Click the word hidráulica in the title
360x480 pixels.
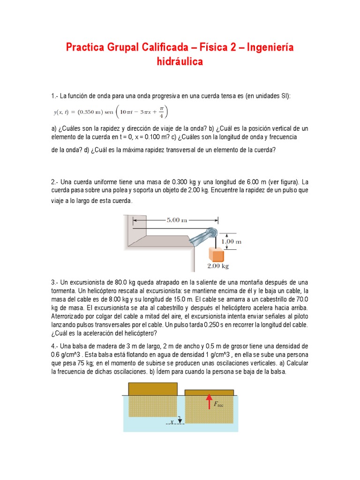(180, 62)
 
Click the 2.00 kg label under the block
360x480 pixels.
(217, 266)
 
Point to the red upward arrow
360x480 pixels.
(208, 402)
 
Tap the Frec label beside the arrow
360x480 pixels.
(218, 404)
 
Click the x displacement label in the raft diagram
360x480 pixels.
(172, 422)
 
